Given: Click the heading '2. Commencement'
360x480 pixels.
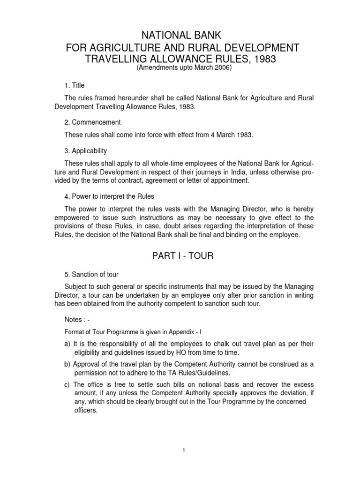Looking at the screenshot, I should click(92, 122).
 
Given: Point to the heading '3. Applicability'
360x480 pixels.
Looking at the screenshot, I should click(86, 151).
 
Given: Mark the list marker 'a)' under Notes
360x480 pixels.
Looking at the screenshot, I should click(67, 344).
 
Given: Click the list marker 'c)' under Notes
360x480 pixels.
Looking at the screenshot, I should click(67, 385).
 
